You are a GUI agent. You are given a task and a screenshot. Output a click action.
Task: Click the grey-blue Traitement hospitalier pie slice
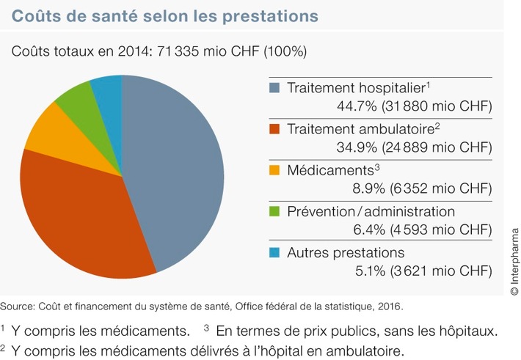pos(176,169)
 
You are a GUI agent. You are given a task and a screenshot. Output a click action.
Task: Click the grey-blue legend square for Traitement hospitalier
pos(274,87)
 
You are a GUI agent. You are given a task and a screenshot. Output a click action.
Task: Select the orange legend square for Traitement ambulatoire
pos(274,129)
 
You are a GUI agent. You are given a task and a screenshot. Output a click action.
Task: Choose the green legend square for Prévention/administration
pos(274,212)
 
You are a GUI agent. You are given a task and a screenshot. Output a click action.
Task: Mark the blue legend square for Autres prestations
pos(274,253)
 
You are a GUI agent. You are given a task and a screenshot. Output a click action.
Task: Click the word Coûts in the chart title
pos(37,15)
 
